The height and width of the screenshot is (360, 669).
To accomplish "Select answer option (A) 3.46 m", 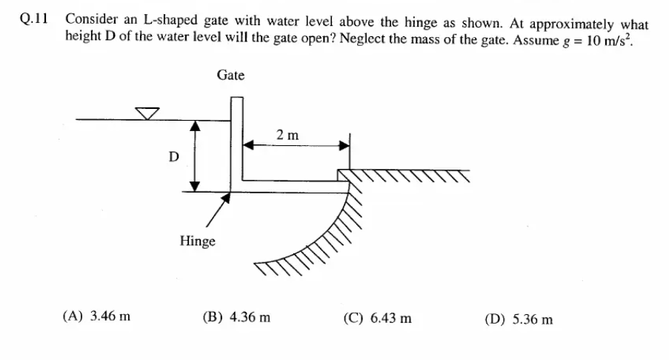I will click(x=96, y=318).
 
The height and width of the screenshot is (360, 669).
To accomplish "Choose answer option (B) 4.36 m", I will click(x=236, y=318).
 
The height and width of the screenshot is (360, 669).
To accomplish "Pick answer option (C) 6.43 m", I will click(x=378, y=319).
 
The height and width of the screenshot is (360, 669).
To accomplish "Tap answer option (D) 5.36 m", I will click(x=519, y=319).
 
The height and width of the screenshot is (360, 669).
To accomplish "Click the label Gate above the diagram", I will click(x=230, y=75).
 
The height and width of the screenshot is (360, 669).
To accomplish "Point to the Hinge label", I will click(x=197, y=241).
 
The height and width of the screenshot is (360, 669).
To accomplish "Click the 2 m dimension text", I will click(x=287, y=135).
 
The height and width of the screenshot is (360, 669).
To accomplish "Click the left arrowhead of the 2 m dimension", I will click(x=250, y=146).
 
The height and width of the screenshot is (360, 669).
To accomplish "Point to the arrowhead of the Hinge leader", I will click(x=228, y=198).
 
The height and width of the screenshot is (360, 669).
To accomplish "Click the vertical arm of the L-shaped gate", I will click(x=236, y=141).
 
